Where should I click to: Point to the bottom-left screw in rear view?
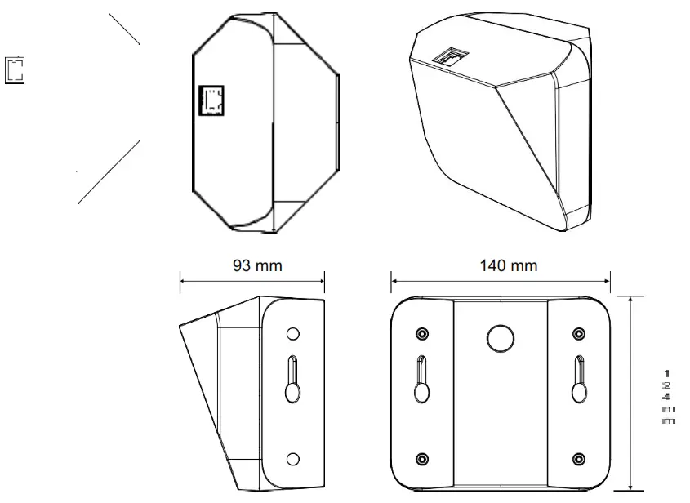tap(421, 457)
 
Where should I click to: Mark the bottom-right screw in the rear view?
tap(579, 457)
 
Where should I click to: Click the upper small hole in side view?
tap(293, 334)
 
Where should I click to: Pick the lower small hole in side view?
tap(293, 458)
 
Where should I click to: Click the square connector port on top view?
tap(211, 101)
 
